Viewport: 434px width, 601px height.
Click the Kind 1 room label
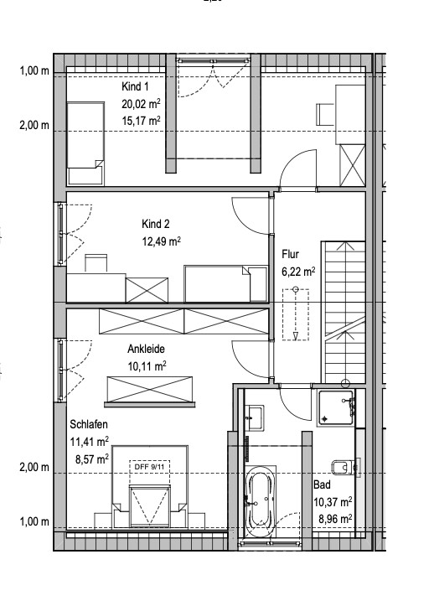pos(135,86)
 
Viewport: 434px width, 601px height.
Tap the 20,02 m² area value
pos(141,104)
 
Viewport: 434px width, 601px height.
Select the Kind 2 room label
pos(156,224)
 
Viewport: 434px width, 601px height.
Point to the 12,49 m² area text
pos(161,241)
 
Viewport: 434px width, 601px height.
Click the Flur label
pos(291,254)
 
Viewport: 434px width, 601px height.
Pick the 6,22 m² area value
pos(298,272)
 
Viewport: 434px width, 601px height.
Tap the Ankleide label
pos(146,350)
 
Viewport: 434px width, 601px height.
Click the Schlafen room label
pos(89,424)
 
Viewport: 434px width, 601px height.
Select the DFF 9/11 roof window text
pos(149,467)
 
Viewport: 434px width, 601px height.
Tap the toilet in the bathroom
pos(345,467)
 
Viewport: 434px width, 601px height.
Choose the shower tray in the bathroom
pos(336,408)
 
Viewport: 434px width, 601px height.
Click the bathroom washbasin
pos(255,417)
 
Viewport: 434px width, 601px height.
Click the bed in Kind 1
pos(85,143)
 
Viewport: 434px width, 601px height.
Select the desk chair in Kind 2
pos(96,263)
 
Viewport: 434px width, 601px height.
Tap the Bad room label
pos(322,484)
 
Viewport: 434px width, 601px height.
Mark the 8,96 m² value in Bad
pos(335,519)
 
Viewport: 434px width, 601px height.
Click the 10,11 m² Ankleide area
pos(147,366)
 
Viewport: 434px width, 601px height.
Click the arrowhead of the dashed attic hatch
pos(296,336)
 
